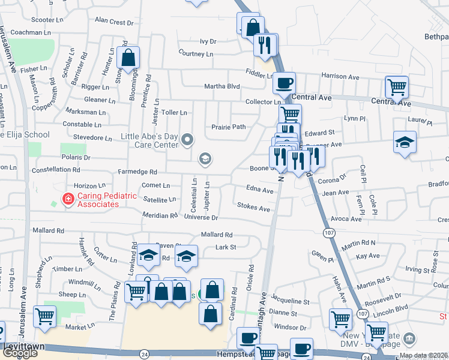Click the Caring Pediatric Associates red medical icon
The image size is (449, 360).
tap(68, 199)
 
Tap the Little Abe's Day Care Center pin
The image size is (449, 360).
tap(187, 140)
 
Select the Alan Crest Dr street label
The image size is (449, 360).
tap(114, 22)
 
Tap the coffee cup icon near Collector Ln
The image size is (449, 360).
tap(284, 83)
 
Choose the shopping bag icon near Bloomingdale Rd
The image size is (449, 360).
tap(128, 58)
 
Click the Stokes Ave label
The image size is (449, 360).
tap(253, 208)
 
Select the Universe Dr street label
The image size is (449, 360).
tap(200, 217)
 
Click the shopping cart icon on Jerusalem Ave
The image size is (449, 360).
tap(45, 317)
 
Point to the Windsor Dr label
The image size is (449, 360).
tap(291, 328)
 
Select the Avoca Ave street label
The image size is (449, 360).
tap(346, 219)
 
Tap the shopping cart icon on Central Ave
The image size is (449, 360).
tap(397, 87)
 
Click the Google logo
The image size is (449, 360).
tap(20, 352)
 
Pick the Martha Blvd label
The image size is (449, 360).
tap(221, 86)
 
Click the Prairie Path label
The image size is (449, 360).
tap(229, 127)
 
